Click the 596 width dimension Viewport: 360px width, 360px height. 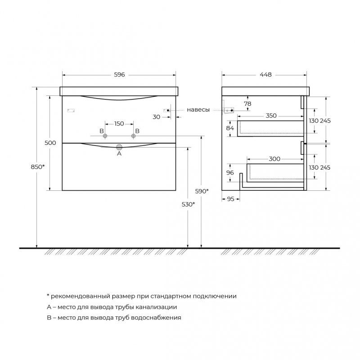tap(119, 75)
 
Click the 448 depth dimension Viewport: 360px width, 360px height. tap(265, 75)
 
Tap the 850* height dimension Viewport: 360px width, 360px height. tap(38, 167)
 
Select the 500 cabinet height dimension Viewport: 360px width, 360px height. tap(50, 143)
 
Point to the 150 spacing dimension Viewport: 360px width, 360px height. tap(119, 124)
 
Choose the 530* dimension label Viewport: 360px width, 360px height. tap(188, 204)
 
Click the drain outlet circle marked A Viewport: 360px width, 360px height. tap(119, 146)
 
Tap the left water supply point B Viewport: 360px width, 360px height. tap(105, 136)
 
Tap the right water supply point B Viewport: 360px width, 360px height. tap(134, 136)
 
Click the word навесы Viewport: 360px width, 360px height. tap(198, 110)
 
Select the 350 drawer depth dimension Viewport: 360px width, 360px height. tap(270, 116)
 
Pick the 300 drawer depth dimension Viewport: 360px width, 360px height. tap(274, 159)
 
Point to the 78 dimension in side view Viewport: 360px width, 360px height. tap(247, 103)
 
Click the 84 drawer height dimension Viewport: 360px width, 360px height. tap(230, 128)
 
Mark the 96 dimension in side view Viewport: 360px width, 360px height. tap(230, 172)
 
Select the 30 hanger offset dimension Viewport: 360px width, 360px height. tap(156, 117)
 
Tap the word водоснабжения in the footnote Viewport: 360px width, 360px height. tap(155, 317)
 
